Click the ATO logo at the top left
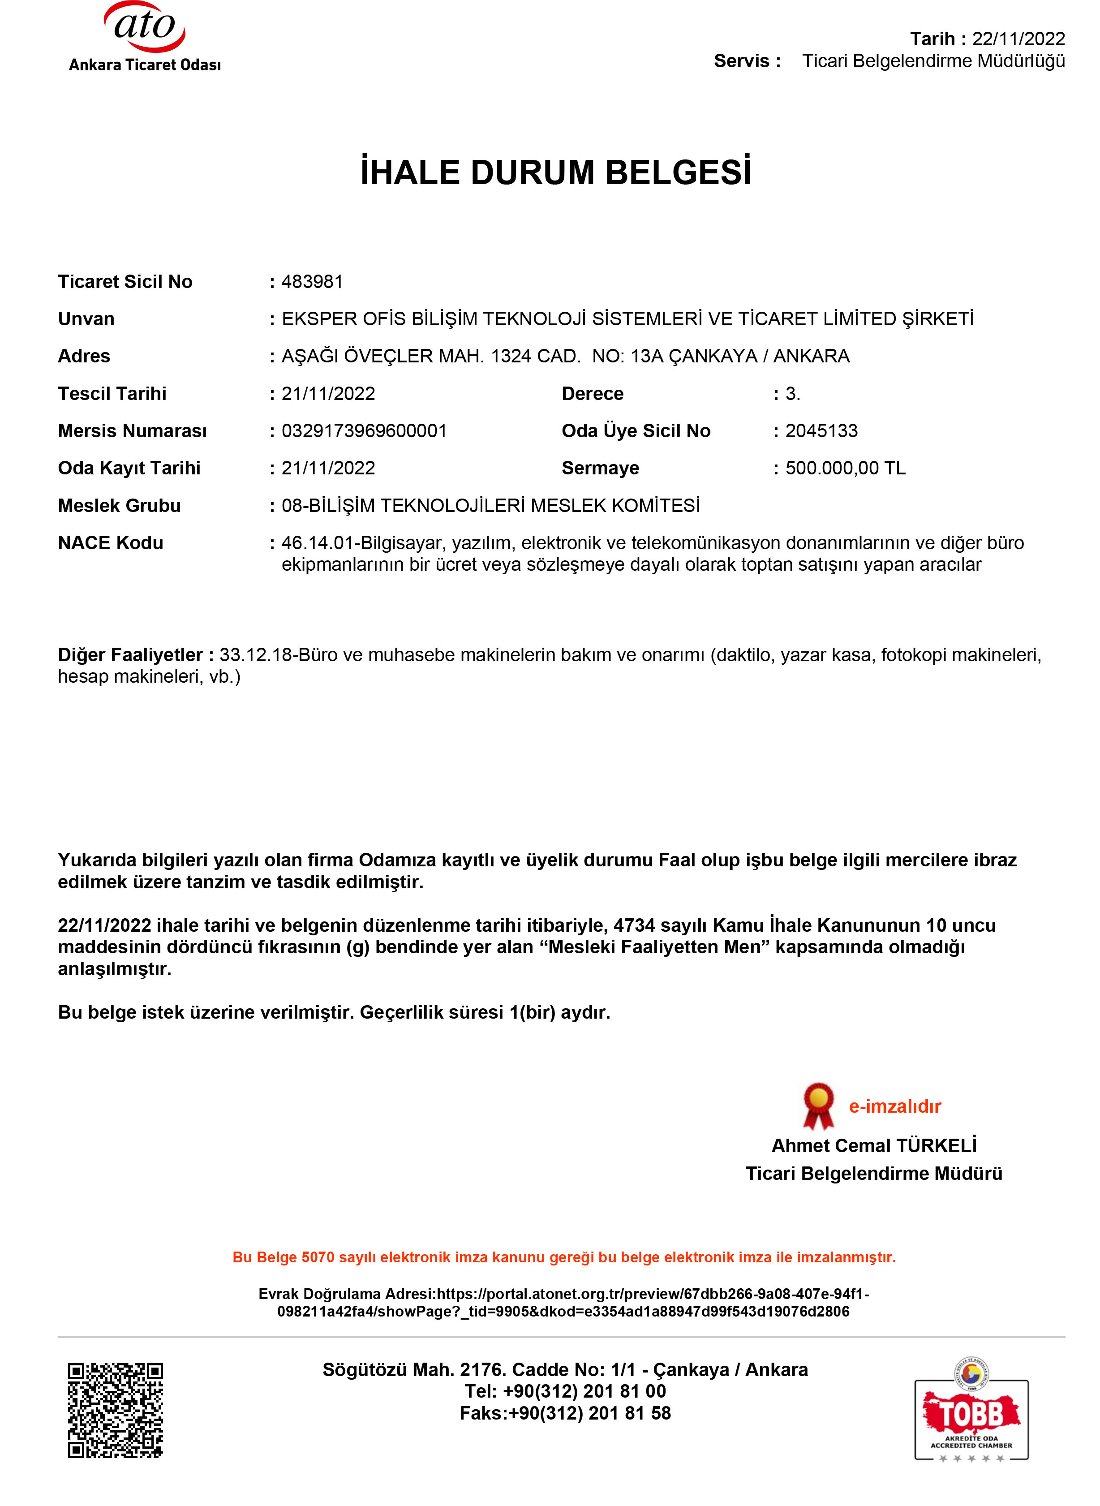[x=145, y=37]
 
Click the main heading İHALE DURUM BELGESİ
[x=555, y=172]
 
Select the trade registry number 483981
[x=312, y=282]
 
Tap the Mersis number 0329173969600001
[x=364, y=431]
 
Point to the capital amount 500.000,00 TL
[x=845, y=468]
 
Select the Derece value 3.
[x=792, y=393]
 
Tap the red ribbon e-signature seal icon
[x=818, y=1106]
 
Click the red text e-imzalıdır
[x=894, y=1106]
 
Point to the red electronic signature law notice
[x=564, y=1257]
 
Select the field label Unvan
[x=86, y=319]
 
